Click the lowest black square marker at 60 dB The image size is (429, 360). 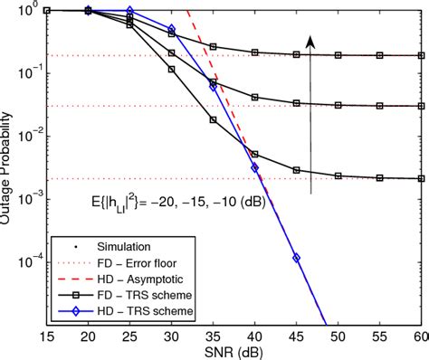pos(419,178)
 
